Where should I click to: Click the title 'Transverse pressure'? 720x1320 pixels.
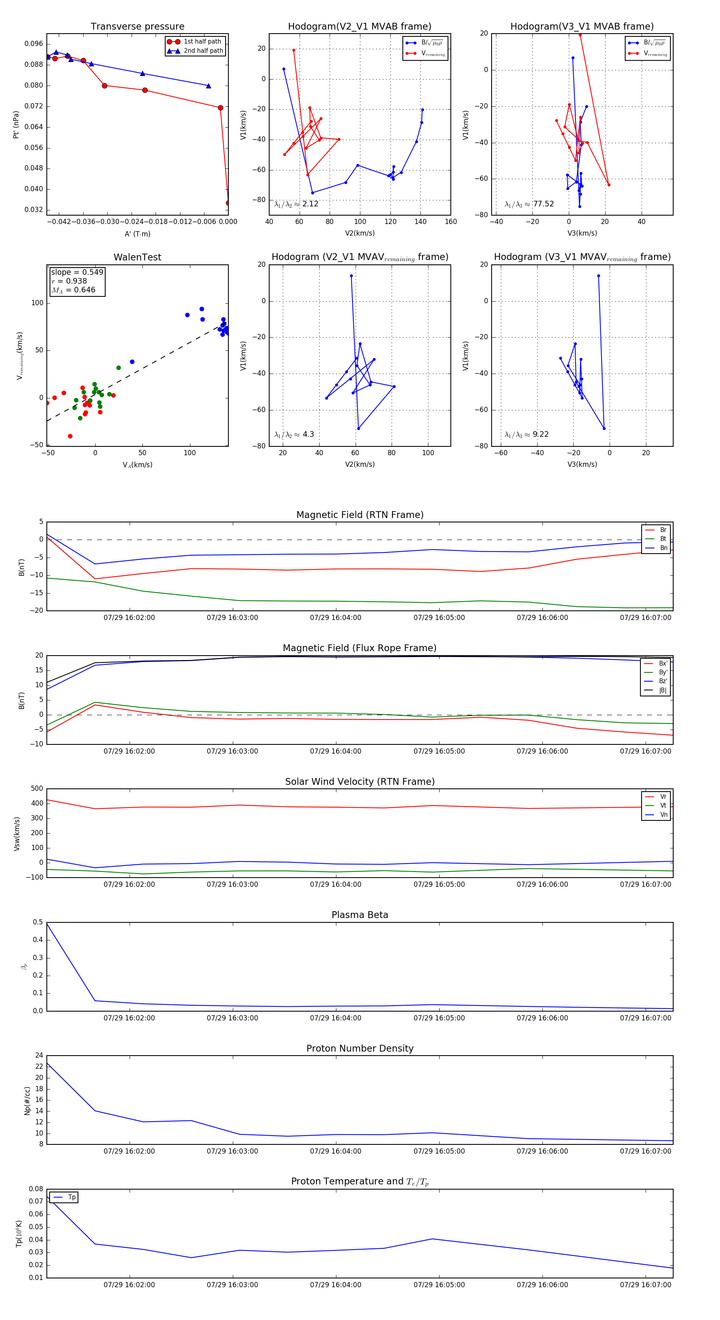[137, 27]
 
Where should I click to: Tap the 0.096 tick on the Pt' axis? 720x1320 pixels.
[34, 44]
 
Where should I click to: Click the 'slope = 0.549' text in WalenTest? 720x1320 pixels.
[77, 272]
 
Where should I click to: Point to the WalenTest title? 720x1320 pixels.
[137, 257]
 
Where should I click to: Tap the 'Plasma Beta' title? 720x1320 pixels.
[360, 915]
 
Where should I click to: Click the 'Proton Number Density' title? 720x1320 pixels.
[360, 1048]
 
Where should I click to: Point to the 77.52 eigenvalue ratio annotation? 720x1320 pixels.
[529, 204]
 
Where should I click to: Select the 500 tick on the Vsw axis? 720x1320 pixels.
[37, 789]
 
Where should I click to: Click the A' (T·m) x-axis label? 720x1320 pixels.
[137, 234]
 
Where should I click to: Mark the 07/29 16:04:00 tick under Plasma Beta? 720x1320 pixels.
[336, 1018]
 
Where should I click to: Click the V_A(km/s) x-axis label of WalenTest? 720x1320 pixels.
[137, 465]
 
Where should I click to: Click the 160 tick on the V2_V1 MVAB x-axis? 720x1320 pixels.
[450, 222]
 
